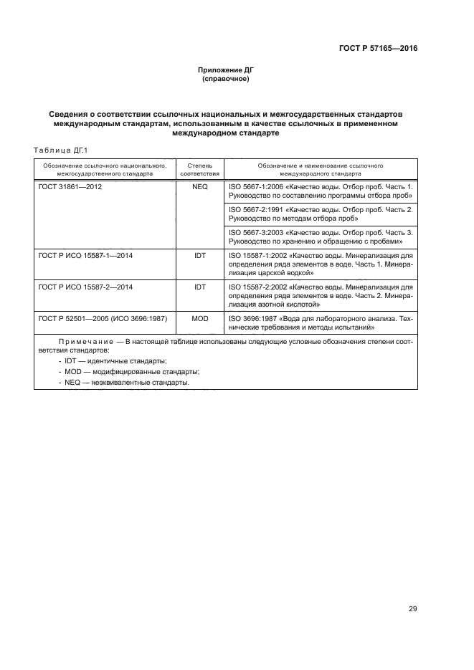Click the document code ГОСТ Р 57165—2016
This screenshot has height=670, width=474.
click(x=378, y=49)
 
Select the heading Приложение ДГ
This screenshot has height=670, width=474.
click(x=226, y=70)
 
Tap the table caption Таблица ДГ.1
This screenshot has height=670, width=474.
click(x=60, y=150)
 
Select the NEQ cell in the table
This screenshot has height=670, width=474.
click(x=199, y=186)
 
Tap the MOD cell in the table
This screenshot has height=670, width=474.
click(x=199, y=318)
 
